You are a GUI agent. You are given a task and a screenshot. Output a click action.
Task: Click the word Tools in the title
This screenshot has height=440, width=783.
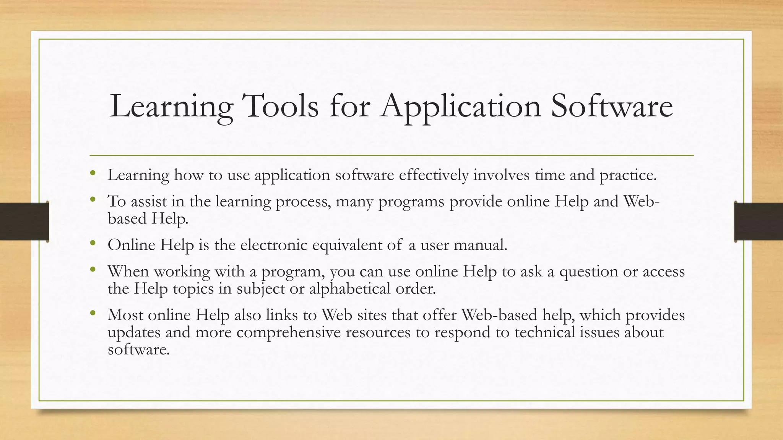(x=280, y=106)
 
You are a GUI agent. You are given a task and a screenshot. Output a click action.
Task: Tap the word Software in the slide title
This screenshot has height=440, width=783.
(x=611, y=106)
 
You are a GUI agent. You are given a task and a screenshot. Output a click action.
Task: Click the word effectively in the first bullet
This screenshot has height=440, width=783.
(x=434, y=175)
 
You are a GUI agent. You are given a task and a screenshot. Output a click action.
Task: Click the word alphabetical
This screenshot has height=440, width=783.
(x=349, y=289)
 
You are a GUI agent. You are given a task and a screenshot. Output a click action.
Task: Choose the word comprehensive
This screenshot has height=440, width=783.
(x=288, y=333)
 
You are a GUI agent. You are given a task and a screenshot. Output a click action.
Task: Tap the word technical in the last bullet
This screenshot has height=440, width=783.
(x=544, y=332)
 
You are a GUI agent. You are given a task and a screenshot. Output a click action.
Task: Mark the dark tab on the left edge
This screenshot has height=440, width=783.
(x=24, y=222)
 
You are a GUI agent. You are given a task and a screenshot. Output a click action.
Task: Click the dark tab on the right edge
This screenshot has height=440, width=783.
(x=759, y=222)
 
